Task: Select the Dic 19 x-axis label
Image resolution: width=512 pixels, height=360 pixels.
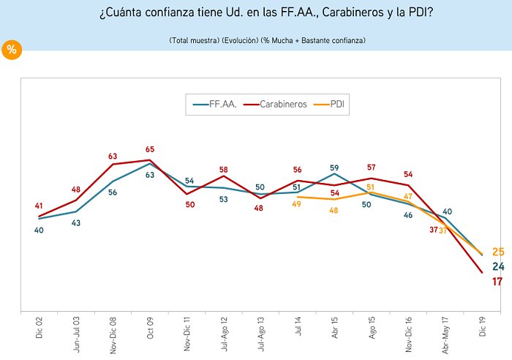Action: pyautogui.click(x=482, y=323)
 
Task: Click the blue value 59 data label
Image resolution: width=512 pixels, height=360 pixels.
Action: pyautogui.click(x=334, y=167)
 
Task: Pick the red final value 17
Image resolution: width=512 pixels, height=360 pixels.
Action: pyautogui.click(x=497, y=282)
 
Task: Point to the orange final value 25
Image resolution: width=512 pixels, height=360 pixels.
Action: pyautogui.click(x=497, y=252)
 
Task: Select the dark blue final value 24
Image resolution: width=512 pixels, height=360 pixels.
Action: pyautogui.click(x=497, y=266)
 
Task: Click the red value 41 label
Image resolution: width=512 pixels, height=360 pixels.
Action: pyautogui.click(x=39, y=206)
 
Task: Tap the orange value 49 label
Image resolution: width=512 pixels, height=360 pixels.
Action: pyautogui.click(x=296, y=204)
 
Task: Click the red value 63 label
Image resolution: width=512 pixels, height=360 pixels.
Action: pyautogui.click(x=113, y=156)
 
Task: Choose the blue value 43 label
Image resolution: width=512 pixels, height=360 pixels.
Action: pyautogui.click(x=77, y=222)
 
